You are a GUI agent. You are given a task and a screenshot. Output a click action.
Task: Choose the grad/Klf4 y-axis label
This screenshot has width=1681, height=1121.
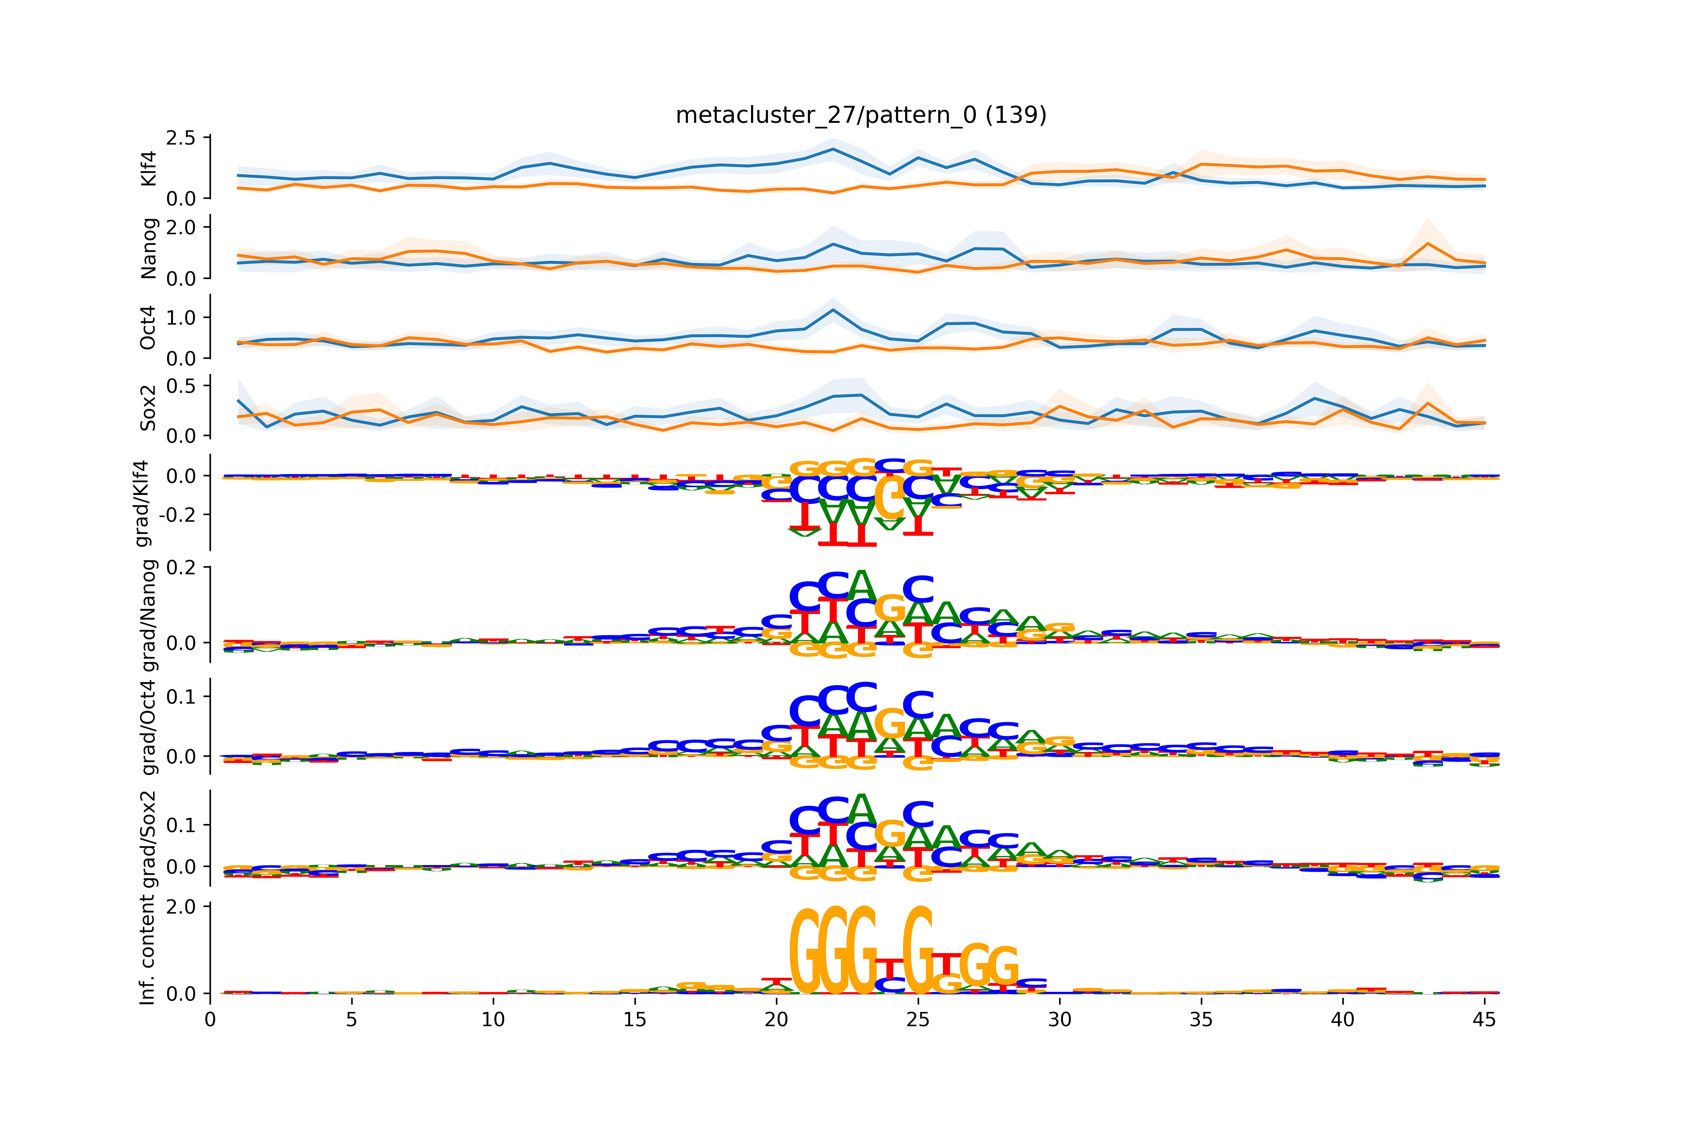click(143, 503)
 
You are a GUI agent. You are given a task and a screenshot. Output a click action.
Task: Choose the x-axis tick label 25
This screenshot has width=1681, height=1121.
click(918, 1019)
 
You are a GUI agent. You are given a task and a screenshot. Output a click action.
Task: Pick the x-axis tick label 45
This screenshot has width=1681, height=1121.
click(1484, 1019)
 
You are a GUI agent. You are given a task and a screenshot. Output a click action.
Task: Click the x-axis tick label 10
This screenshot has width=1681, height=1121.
click(493, 1019)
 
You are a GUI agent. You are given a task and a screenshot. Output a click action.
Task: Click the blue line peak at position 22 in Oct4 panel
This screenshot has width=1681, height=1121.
click(833, 310)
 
